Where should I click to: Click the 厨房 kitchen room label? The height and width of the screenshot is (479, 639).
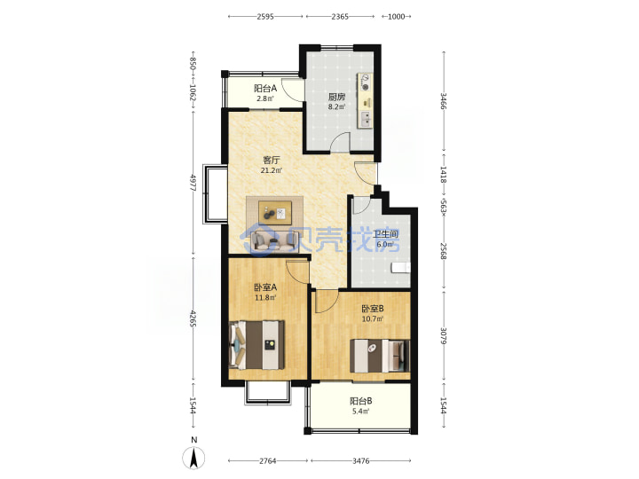pos(336,97)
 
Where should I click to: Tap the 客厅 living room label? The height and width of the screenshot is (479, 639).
pos(271,160)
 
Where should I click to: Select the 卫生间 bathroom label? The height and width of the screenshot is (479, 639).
pos(385,234)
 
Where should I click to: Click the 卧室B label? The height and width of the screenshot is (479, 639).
pos(373,309)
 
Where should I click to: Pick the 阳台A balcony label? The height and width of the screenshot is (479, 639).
pos(265,89)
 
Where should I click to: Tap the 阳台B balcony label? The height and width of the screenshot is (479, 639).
pos(360,401)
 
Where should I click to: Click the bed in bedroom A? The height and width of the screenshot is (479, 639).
pos(257,345)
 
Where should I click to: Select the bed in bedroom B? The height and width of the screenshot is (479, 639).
pos(380,356)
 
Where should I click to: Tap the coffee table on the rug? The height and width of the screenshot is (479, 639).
pos(275,213)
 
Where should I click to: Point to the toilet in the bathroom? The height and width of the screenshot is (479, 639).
pos(400,267)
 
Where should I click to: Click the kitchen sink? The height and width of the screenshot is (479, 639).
pos(366,119)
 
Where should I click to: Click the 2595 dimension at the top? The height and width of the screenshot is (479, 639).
pos(265,17)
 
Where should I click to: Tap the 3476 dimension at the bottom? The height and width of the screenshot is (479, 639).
pos(360,461)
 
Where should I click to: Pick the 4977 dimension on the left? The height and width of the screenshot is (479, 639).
pos(193,183)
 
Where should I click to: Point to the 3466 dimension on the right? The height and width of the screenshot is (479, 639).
pos(444,101)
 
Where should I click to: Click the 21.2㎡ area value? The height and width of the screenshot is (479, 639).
pos(271,170)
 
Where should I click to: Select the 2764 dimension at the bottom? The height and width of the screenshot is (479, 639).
pos(268,461)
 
